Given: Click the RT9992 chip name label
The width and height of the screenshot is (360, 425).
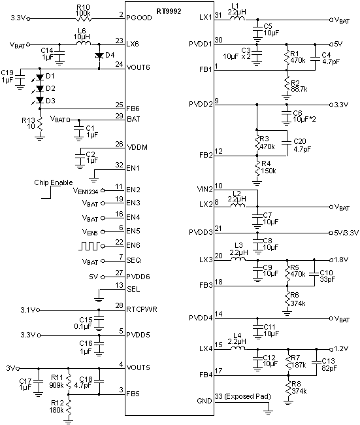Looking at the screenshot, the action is (x=169, y=11).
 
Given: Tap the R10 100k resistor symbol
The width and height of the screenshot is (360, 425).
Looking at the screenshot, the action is (x=84, y=19).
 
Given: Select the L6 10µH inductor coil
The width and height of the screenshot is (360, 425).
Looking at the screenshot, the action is (x=84, y=43).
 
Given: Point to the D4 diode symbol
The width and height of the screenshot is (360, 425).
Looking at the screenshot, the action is (x=99, y=56).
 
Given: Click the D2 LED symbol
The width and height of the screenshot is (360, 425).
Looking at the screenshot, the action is (x=40, y=89).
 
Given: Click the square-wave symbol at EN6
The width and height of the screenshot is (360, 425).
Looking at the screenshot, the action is (x=89, y=246).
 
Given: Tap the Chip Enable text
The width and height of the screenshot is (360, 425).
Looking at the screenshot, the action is (x=54, y=182).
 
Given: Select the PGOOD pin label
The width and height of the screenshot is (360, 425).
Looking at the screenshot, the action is (x=139, y=18).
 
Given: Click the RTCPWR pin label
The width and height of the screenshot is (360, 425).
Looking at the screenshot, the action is (x=142, y=309).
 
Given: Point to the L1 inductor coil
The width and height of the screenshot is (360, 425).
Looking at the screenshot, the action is (x=238, y=18).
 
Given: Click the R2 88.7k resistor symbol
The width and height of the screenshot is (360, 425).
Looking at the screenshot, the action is (x=287, y=85).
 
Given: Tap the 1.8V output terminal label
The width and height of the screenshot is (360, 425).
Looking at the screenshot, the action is (x=341, y=260).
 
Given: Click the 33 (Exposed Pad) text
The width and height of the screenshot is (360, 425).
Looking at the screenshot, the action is (x=242, y=396).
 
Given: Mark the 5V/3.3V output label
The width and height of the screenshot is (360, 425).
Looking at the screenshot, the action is (x=346, y=233).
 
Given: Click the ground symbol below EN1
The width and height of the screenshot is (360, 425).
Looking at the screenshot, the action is (x=93, y=179).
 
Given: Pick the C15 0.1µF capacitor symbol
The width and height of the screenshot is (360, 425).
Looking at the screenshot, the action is (x=99, y=320).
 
